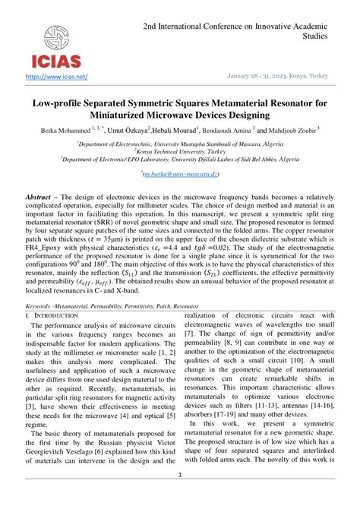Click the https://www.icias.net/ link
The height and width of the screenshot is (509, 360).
pyautogui.click(x=56, y=76)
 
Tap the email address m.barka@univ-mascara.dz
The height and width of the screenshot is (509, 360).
pyautogui.click(x=180, y=174)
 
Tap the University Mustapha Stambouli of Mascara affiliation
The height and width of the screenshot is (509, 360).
pyautogui.click(x=180, y=141)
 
